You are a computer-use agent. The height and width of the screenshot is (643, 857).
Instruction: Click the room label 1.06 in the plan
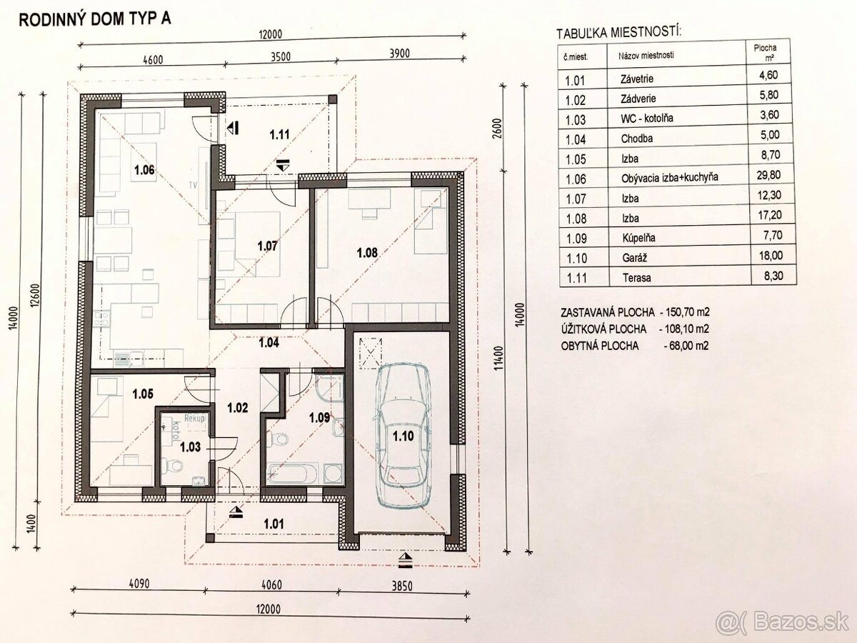144,170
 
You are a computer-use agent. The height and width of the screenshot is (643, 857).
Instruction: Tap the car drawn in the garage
404,436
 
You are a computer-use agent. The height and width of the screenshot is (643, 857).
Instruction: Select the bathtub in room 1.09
294,474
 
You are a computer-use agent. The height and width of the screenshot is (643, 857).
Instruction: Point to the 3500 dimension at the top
281,56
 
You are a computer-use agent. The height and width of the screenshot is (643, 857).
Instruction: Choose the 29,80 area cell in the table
768,175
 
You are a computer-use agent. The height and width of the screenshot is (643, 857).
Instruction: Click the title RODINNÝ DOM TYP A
94,19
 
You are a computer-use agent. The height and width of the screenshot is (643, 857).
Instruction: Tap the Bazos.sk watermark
783,622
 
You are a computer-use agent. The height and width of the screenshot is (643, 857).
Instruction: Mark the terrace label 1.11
279,135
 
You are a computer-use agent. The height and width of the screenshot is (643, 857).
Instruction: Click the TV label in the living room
194,185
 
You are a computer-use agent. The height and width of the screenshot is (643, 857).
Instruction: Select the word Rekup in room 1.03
194,419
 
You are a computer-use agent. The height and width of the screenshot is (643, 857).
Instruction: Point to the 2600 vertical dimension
497,128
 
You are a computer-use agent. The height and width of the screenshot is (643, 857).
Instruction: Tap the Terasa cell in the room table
637,278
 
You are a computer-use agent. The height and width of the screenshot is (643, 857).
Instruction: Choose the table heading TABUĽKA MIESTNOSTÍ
618,32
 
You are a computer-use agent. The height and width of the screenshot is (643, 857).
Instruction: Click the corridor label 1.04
269,343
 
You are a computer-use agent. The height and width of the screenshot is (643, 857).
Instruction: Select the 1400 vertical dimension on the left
32,523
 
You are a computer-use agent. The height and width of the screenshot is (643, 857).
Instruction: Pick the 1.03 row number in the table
576,120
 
